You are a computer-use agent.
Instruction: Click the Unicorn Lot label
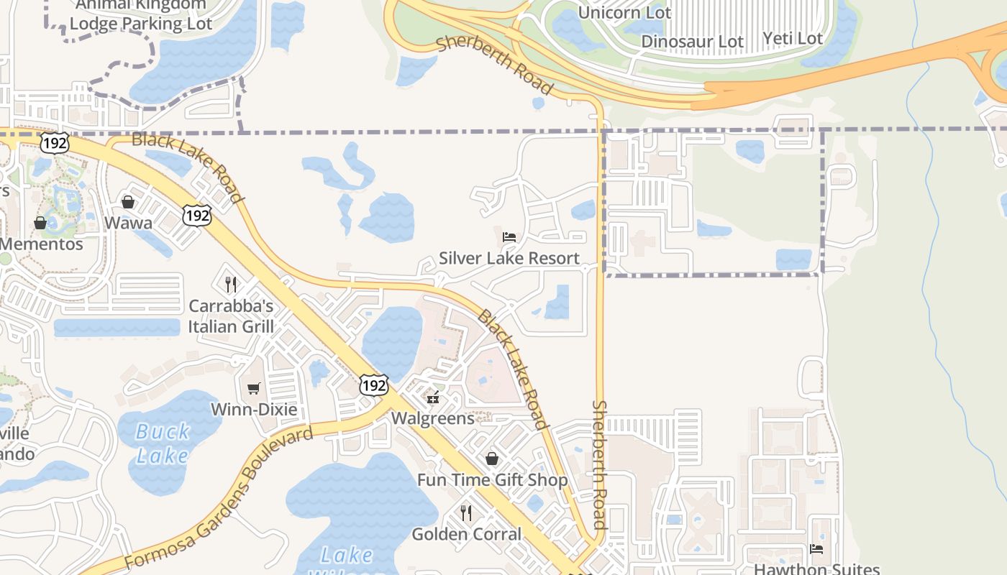(x=624, y=13)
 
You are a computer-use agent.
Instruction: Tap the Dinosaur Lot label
(x=692, y=42)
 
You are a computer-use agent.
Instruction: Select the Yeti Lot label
(x=792, y=38)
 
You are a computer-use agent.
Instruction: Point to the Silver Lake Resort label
(x=509, y=258)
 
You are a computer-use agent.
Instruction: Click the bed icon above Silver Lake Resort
(x=509, y=236)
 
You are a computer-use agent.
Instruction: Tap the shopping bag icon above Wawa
(x=128, y=202)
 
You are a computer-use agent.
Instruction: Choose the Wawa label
(x=128, y=223)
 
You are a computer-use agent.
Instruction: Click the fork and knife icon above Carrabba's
(x=231, y=284)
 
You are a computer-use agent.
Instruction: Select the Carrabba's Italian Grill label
(x=231, y=316)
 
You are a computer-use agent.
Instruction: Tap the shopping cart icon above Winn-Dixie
(x=253, y=388)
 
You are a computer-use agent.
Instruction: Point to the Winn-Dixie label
(x=254, y=410)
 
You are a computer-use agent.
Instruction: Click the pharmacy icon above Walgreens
(x=433, y=397)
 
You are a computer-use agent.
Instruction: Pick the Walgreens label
(x=433, y=418)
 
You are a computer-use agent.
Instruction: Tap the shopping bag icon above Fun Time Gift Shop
(x=492, y=458)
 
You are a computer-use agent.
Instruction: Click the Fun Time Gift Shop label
(x=493, y=479)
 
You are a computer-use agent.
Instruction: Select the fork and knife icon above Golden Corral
(x=466, y=512)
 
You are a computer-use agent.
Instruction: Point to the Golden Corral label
(x=466, y=534)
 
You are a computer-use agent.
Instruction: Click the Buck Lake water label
(x=163, y=443)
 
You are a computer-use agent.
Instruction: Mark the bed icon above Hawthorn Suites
(x=816, y=549)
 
